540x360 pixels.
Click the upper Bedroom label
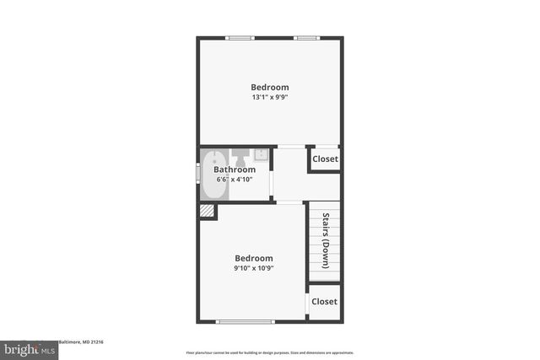[x=270, y=87]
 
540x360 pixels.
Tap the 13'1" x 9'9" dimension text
[x=270, y=98]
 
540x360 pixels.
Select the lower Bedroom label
[x=254, y=258]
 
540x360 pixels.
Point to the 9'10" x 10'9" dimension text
[x=254, y=268]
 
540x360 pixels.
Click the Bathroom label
[x=234, y=169]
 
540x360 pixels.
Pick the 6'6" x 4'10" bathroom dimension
[x=235, y=179]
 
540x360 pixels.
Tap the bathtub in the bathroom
[x=213, y=175]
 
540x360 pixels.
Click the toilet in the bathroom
[x=240, y=156]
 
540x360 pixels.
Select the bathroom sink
[x=261, y=154]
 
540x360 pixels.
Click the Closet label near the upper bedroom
[x=325, y=159]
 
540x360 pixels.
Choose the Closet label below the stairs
[x=324, y=301]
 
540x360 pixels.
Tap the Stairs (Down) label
[x=324, y=240]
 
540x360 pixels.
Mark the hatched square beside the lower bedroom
[x=207, y=212]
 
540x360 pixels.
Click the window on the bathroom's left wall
[x=198, y=172]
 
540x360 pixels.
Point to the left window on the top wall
[x=240, y=37]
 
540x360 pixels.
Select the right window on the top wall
[x=305, y=37]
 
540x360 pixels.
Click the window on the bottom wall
[x=245, y=321]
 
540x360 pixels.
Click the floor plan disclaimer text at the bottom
[x=270, y=352]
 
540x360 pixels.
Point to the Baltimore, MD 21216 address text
[x=80, y=342]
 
